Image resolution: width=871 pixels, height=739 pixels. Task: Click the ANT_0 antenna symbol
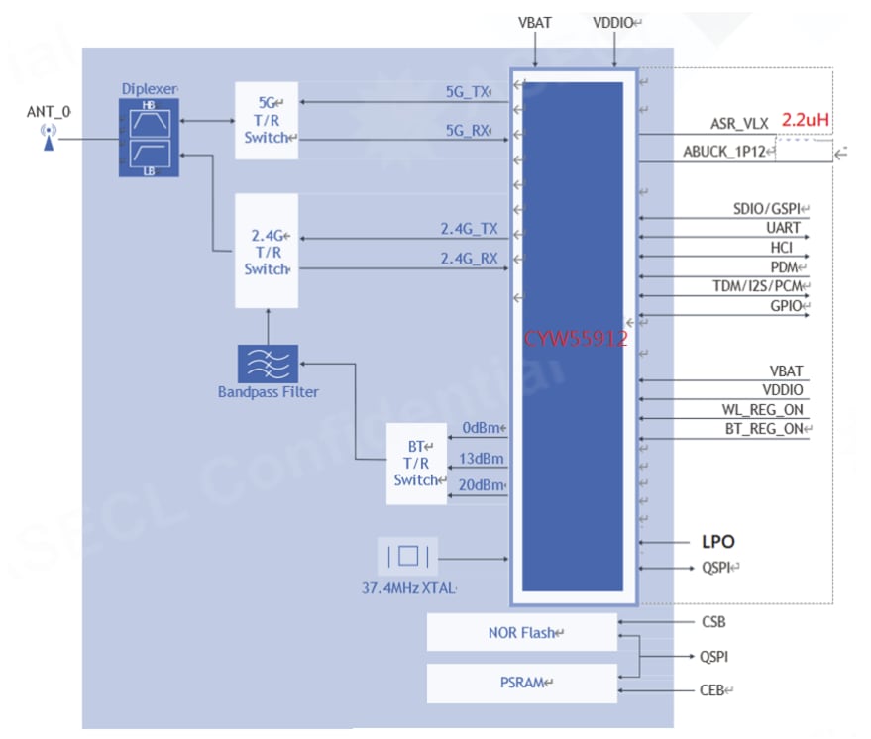(x=47, y=138)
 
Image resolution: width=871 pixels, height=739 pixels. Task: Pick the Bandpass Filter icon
(x=267, y=364)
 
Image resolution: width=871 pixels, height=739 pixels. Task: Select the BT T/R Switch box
(x=415, y=463)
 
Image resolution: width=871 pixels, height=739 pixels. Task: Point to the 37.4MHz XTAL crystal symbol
(x=407, y=557)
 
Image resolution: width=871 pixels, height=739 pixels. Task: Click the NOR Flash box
(x=521, y=632)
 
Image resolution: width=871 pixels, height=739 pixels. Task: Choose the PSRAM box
(x=521, y=683)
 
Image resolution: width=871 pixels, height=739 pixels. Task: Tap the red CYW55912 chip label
(x=576, y=338)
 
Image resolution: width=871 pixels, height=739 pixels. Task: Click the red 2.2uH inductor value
(x=805, y=120)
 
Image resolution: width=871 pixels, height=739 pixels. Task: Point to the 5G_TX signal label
(x=467, y=92)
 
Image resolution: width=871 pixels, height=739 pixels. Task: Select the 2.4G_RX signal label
(x=469, y=260)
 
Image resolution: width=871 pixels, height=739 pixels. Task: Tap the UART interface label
(x=783, y=229)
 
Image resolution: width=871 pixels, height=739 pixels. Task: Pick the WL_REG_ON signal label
(x=762, y=409)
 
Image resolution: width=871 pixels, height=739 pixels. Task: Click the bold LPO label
(x=717, y=542)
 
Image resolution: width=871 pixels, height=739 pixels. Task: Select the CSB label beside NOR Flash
(x=713, y=622)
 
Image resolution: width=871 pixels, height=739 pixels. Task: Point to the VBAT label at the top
(x=535, y=22)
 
